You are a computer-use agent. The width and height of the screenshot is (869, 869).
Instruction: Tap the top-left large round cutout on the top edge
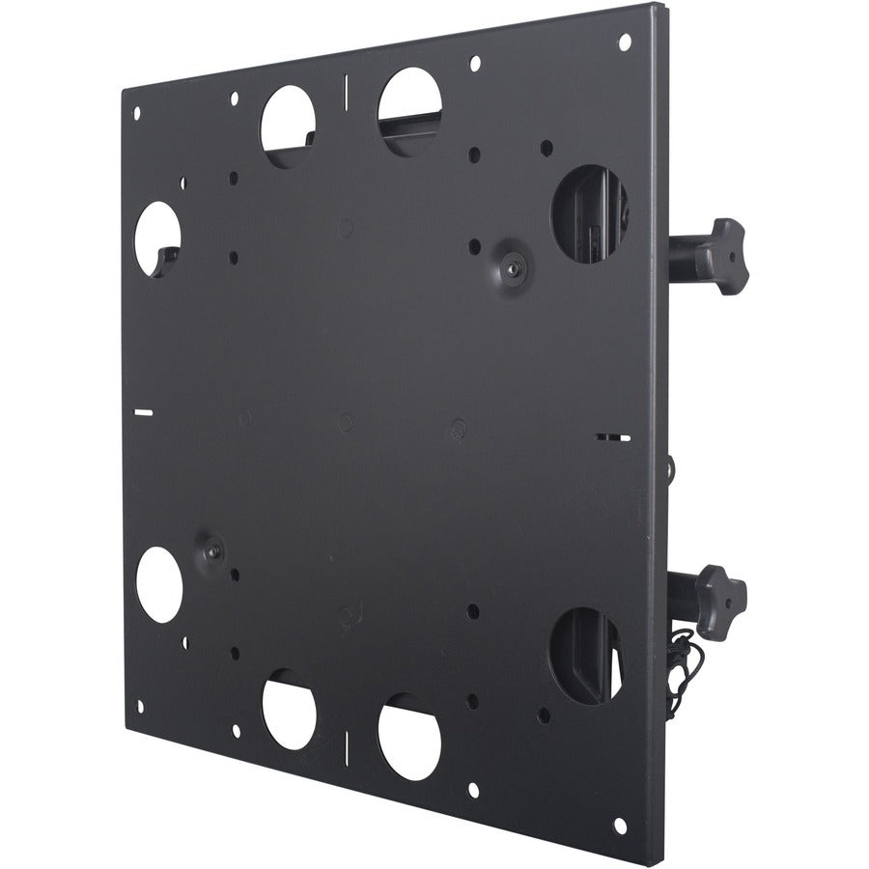pos(289,126)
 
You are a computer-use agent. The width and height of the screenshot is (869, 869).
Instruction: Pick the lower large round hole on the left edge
pos(159,584)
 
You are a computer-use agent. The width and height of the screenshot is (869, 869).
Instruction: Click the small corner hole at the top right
pos(624,42)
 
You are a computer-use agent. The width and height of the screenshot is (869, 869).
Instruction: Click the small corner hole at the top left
pos(136,113)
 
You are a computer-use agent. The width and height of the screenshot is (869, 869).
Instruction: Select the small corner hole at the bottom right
pos(620,826)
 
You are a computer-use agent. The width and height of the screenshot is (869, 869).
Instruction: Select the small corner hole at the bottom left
pos(139,706)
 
